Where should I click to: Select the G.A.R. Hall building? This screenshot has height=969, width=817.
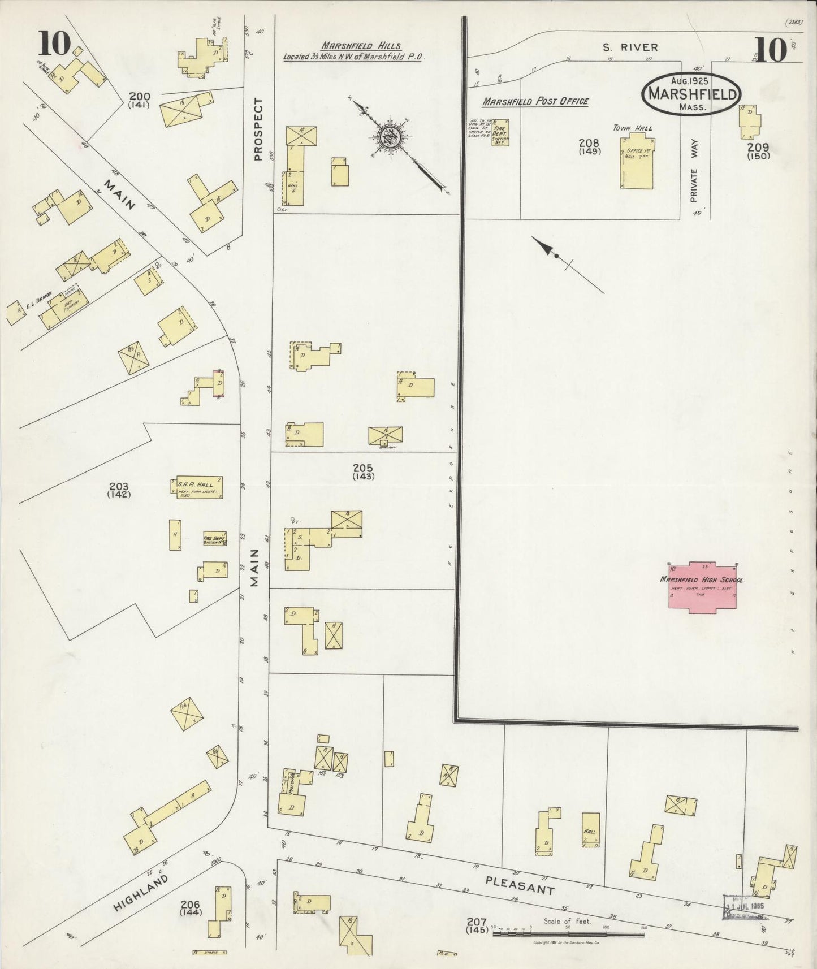(x=196, y=487)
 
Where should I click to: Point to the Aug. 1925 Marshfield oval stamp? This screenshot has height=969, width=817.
(x=690, y=93)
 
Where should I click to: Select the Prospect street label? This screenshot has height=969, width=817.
(x=258, y=129)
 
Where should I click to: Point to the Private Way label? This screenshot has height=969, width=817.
(x=695, y=175)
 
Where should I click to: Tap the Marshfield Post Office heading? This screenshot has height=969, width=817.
(x=535, y=101)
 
